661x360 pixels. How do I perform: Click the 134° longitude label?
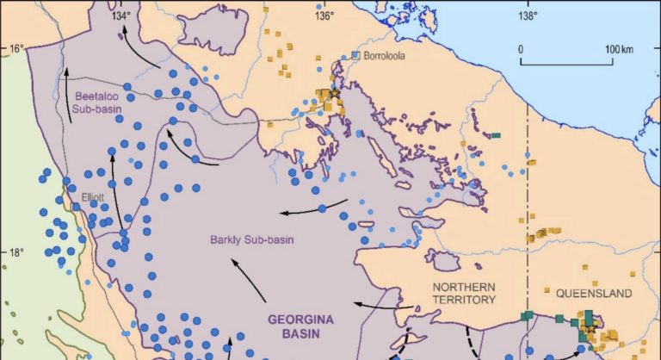click(x=121, y=15)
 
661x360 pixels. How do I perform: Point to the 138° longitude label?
click(x=527, y=15)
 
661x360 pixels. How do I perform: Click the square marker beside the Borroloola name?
click(x=355, y=56)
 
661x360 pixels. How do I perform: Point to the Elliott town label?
click(x=92, y=197)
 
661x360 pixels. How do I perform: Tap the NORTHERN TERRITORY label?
click(x=464, y=294)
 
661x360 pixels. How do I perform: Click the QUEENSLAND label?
click(x=594, y=294)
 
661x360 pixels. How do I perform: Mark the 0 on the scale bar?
click(x=521, y=49)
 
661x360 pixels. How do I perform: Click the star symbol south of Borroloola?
click(x=334, y=94)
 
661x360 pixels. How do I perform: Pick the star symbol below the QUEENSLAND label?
click(x=590, y=328)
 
